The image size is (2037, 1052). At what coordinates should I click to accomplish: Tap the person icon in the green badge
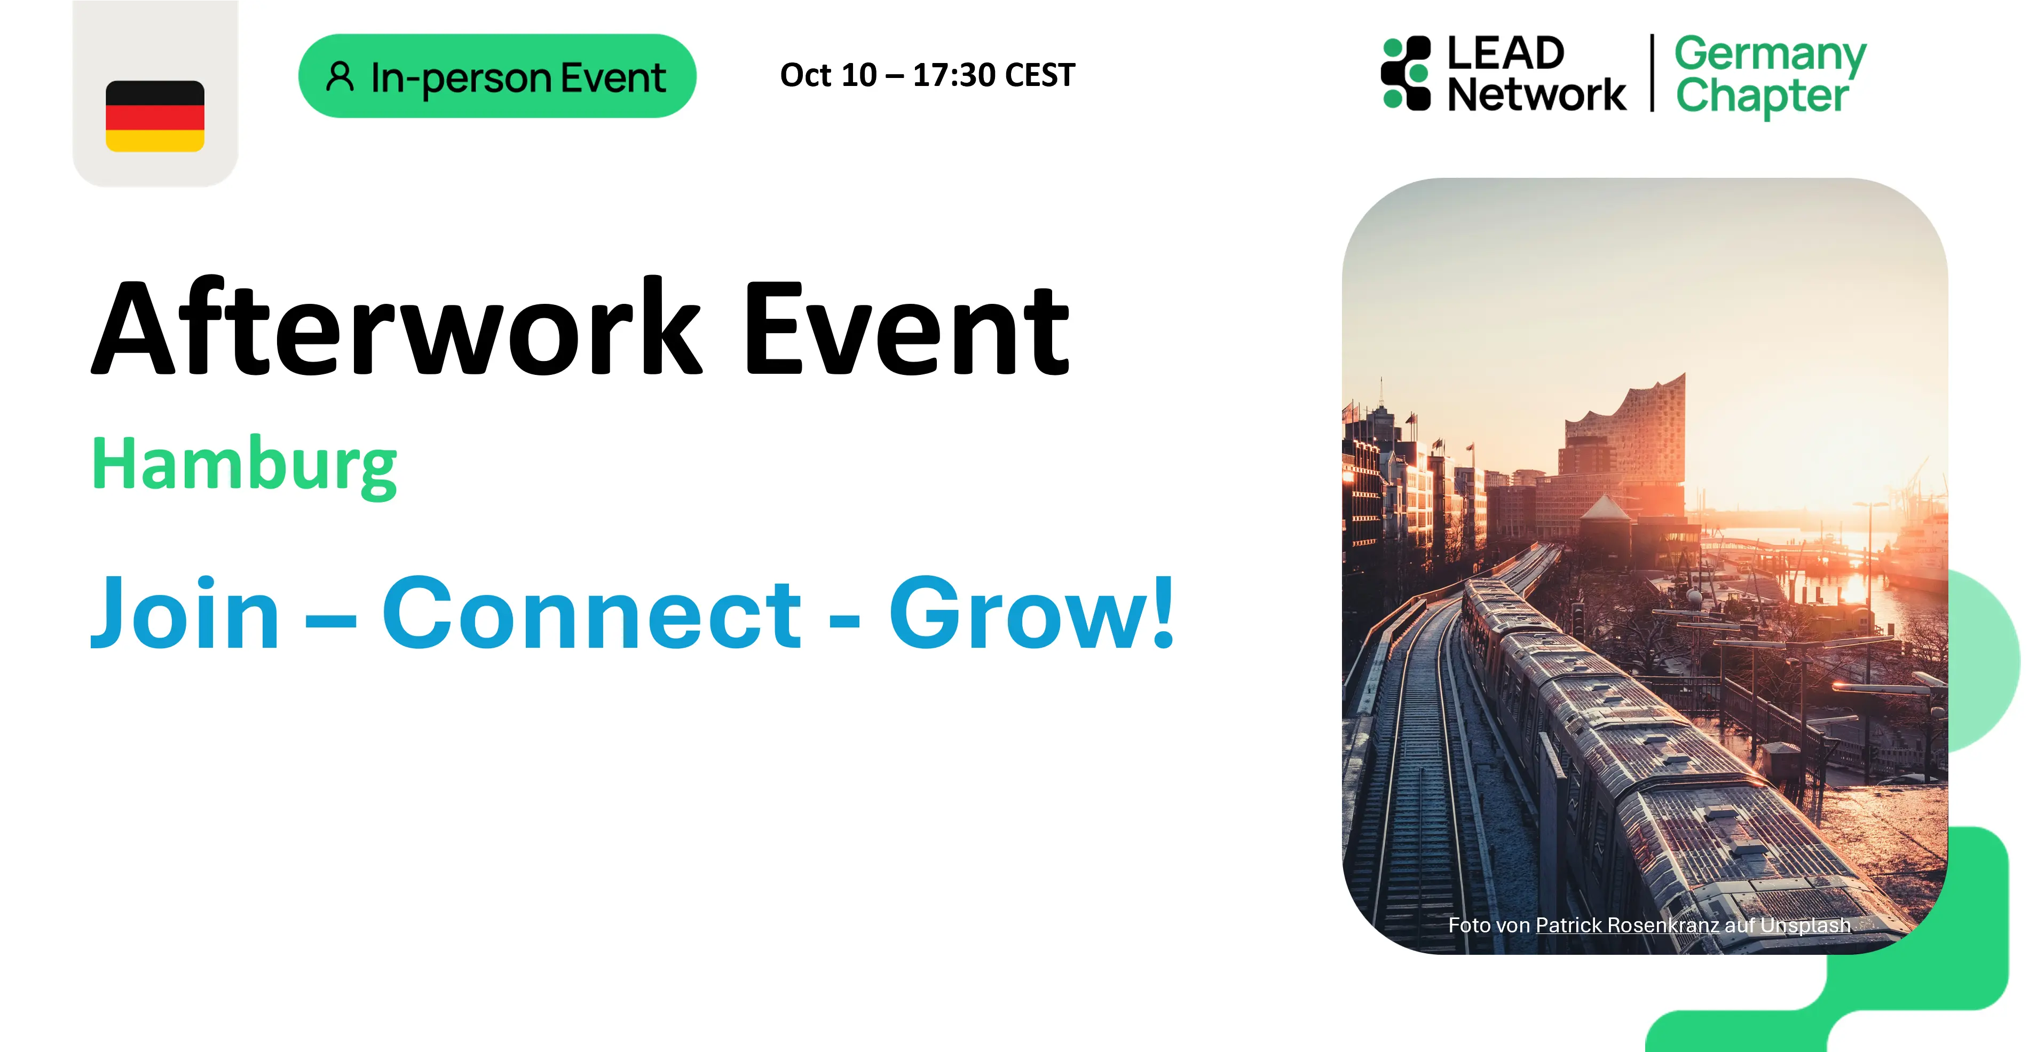(x=340, y=77)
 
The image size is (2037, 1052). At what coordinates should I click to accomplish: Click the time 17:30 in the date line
(x=954, y=75)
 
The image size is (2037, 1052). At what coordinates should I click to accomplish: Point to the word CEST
(x=1040, y=75)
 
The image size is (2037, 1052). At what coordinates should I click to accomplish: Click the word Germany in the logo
(x=1770, y=56)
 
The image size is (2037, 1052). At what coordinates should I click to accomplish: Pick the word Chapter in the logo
(x=1762, y=97)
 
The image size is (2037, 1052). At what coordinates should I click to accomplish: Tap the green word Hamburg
(x=244, y=466)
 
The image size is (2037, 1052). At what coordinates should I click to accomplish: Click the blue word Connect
(x=591, y=613)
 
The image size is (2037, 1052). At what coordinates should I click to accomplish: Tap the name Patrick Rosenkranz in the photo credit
(x=1627, y=925)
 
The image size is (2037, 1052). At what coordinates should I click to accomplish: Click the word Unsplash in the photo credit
(x=1805, y=925)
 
